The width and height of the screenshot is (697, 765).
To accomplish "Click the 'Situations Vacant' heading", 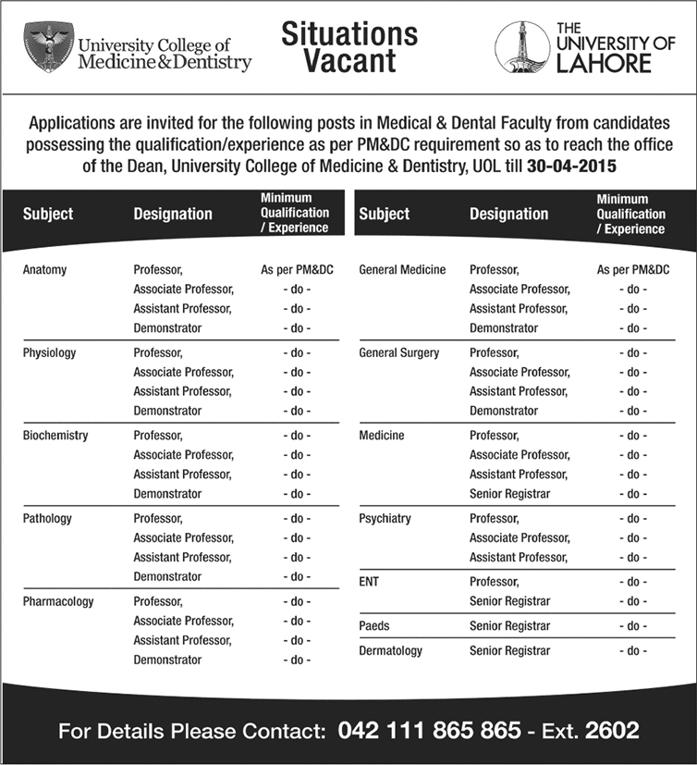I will click(x=349, y=47).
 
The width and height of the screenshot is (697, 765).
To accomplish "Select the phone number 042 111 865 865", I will click(x=429, y=730).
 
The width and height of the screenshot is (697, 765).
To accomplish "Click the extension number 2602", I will click(x=610, y=730).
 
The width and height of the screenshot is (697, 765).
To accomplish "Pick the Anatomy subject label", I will click(x=44, y=270).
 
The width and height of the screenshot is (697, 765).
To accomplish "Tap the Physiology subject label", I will click(x=49, y=352).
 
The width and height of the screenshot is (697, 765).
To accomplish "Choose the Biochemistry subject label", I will click(x=55, y=435).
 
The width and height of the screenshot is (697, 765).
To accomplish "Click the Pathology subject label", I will click(x=47, y=518).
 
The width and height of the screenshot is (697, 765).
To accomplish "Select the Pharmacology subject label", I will click(x=58, y=601).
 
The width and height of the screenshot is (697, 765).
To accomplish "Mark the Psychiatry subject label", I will click(x=385, y=518).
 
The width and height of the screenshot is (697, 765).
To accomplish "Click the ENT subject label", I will click(x=369, y=582).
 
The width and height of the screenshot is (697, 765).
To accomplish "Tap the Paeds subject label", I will click(x=373, y=626).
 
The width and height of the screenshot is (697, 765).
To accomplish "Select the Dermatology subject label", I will click(x=390, y=651).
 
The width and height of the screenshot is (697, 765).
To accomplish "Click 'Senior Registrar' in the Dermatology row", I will click(x=509, y=651).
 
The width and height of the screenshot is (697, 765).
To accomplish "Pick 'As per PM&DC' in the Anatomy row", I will click(x=297, y=270).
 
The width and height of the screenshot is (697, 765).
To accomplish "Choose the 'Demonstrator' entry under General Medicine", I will click(x=503, y=328).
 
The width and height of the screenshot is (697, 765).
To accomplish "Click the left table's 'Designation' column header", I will click(x=173, y=214).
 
